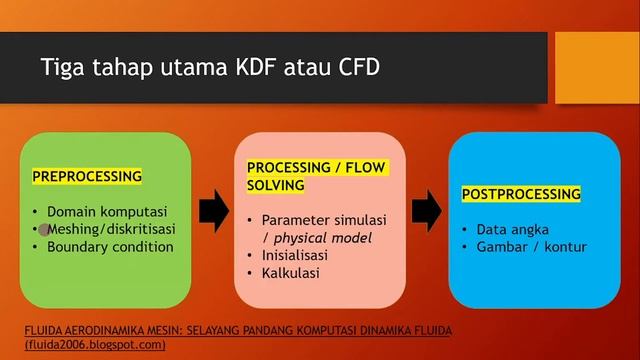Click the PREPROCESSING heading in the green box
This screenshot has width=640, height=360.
(87, 176)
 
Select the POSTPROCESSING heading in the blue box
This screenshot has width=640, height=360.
(521, 193)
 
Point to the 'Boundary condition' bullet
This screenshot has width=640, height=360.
(110, 246)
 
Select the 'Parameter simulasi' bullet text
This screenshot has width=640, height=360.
(323, 219)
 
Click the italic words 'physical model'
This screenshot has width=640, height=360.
(322, 237)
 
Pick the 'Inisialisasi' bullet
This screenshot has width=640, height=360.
(298, 254)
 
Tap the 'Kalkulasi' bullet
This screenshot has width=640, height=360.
(291, 272)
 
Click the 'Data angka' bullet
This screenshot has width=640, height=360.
(513, 229)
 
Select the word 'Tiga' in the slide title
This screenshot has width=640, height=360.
(62, 68)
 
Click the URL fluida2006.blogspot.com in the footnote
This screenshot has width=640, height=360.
(96, 344)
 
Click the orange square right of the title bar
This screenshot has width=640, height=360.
(597, 67)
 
